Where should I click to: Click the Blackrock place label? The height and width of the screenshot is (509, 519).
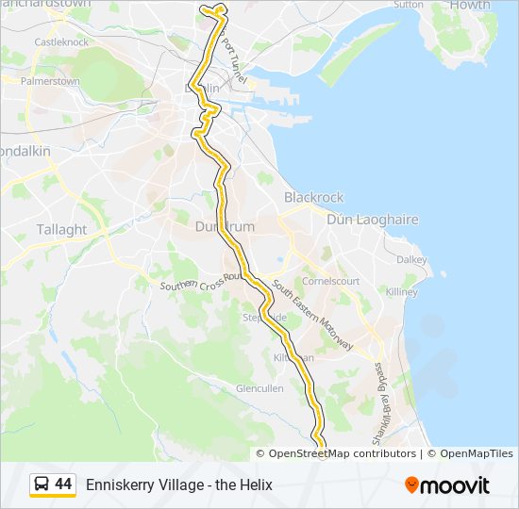pyautogui.click(x=313, y=198)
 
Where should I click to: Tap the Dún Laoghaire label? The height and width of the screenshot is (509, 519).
pyautogui.click(x=372, y=220)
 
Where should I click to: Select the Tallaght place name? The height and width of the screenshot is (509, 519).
pyautogui.click(x=61, y=229)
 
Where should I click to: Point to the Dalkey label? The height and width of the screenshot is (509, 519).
pyautogui.click(x=410, y=260)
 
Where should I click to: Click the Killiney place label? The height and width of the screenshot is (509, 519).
pyautogui.click(x=401, y=292)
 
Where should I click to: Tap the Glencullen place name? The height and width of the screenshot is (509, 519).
pyautogui.click(x=259, y=388)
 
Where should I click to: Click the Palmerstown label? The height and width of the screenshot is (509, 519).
pyautogui.click(x=50, y=81)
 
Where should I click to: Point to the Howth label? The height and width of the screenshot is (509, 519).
pyautogui.click(x=469, y=6)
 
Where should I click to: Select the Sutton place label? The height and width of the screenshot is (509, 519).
pyautogui.click(x=409, y=5)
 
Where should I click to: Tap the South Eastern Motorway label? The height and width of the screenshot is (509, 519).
pyautogui.click(x=311, y=315)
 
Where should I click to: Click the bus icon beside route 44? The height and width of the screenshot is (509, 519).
pyautogui.click(x=42, y=484)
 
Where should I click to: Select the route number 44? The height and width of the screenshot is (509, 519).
pyautogui.click(x=63, y=484)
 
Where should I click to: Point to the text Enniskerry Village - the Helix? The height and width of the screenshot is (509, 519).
pyautogui.click(x=178, y=484)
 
